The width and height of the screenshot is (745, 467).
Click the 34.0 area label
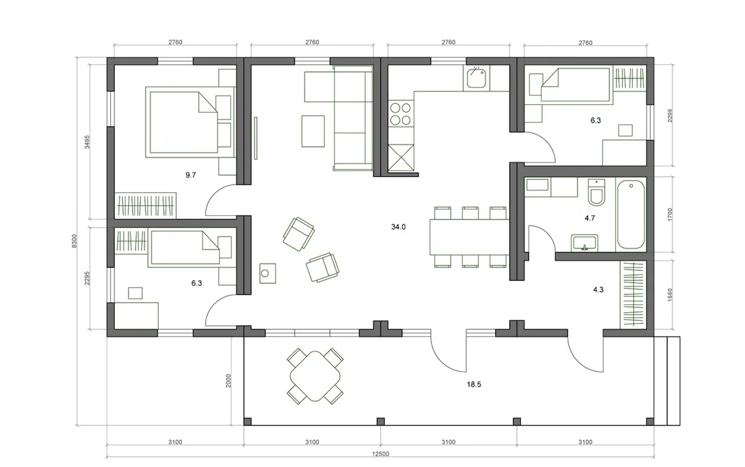[x=398, y=227]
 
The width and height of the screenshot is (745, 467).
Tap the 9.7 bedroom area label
[x=191, y=175]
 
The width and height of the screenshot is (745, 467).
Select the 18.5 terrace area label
[x=474, y=385]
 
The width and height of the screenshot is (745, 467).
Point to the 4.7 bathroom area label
[x=590, y=218]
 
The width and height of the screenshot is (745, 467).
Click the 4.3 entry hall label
[x=598, y=290]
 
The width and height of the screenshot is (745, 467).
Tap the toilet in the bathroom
[x=596, y=192]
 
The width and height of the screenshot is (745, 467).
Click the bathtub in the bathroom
[x=631, y=215]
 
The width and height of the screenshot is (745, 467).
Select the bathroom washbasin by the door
[x=584, y=243]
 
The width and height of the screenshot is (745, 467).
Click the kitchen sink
[x=476, y=78]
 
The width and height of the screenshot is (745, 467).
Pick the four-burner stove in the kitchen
[x=401, y=113]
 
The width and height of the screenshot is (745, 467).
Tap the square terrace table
[x=315, y=376]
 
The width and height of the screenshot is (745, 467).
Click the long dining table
[x=469, y=237]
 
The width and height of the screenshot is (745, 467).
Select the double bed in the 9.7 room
[x=190, y=122]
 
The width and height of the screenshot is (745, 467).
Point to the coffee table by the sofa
[x=313, y=131]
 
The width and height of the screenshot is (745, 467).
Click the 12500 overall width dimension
[x=381, y=454]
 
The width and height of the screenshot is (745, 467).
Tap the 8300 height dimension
[x=74, y=241]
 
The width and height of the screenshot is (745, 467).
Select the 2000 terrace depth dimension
[x=228, y=380]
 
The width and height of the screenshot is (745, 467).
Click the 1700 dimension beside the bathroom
[x=670, y=215]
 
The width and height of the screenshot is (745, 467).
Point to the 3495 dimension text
[x=87, y=142]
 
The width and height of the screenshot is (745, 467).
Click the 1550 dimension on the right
[x=670, y=295]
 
